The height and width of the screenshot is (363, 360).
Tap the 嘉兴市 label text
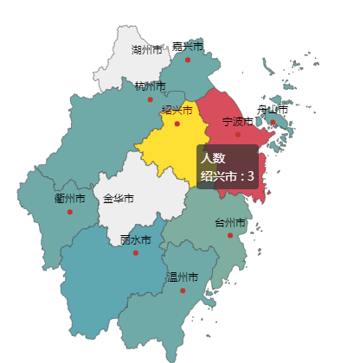(x=187, y=46)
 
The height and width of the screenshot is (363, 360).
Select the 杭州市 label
(x=151, y=86)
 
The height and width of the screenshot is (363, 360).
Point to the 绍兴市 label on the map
(x=177, y=110)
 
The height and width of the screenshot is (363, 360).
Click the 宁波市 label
(x=238, y=121)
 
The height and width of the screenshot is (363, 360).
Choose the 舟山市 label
(x=273, y=110)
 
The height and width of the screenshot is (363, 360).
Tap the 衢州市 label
(x=69, y=199)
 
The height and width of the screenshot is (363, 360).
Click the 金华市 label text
(x=119, y=199)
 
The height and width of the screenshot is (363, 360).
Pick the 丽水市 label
(x=135, y=239)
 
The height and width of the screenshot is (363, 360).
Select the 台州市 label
(x=230, y=223)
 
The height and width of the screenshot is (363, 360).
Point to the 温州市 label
(x=183, y=277)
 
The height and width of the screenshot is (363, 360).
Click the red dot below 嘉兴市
(x=188, y=60)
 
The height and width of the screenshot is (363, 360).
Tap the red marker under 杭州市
(x=151, y=99)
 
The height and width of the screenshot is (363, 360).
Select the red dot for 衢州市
(x=70, y=212)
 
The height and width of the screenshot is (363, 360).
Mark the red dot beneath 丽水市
(x=136, y=252)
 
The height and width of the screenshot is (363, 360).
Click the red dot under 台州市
(x=230, y=235)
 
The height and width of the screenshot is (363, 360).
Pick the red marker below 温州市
(x=183, y=290)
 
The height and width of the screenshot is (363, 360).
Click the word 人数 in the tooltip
(x=213, y=158)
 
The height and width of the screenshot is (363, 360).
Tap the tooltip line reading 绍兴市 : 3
(x=227, y=176)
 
